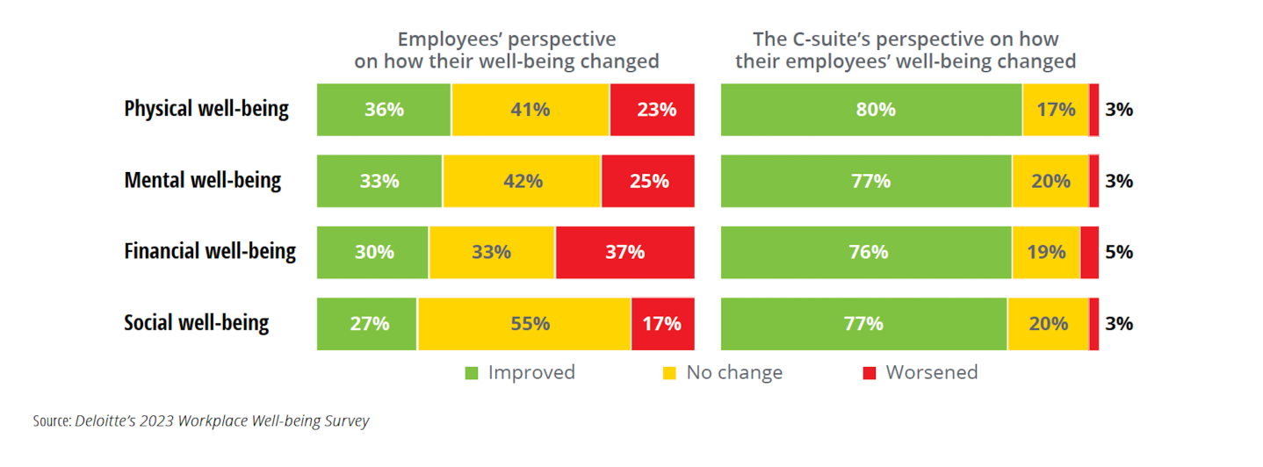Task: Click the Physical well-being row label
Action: pyautogui.click(x=206, y=110)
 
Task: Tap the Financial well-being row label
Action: pyautogui.click(x=210, y=252)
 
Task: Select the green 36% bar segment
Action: pyautogui.click(x=384, y=110)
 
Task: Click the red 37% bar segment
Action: pyautogui.click(x=624, y=252)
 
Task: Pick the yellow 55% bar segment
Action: pyautogui.click(x=524, y=323)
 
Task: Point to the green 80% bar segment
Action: pyautogui.click(x=871, y=110)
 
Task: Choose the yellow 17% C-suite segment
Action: pyautogui.click(x=1056, y=110)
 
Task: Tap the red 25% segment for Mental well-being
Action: pyautogui.click(x=648, y=181)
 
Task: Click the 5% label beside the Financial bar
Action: pyautogui.click(x=1119, y=252)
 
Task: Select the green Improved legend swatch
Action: pyautogui.click(x=472, y=373)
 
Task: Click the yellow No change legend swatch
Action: pyautogui.click(x=670, y=373)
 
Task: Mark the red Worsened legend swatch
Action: pyautogui.click(x=870, y=373)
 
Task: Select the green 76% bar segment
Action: pyautogui.click(x=866, y=252)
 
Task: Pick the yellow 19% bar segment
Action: pyautogui.click(x=1046, y=252)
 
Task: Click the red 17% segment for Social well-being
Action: pyautogui.click(x=662, y=323)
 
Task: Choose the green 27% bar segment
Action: pyautogui.click(x=367, y=323)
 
